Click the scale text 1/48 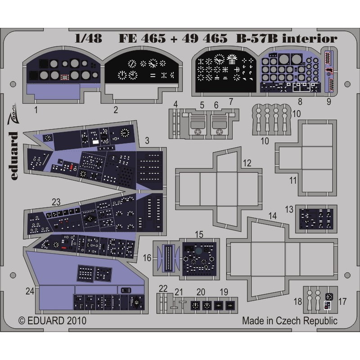point(88,38)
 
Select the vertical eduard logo point(13,156)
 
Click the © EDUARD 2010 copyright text point(52,320)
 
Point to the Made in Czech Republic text point(290,320)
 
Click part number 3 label point(147,140)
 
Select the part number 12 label point(247,163)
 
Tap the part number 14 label point(273,216)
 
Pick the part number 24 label point(30,291)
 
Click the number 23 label point(56,202)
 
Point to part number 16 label point(147,258)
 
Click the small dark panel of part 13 point(317,219)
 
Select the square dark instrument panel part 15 point(199,259)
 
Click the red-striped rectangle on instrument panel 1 point(64,77)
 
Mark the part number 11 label point(293,180)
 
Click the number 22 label point(163,288)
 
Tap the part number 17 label point(342,301)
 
